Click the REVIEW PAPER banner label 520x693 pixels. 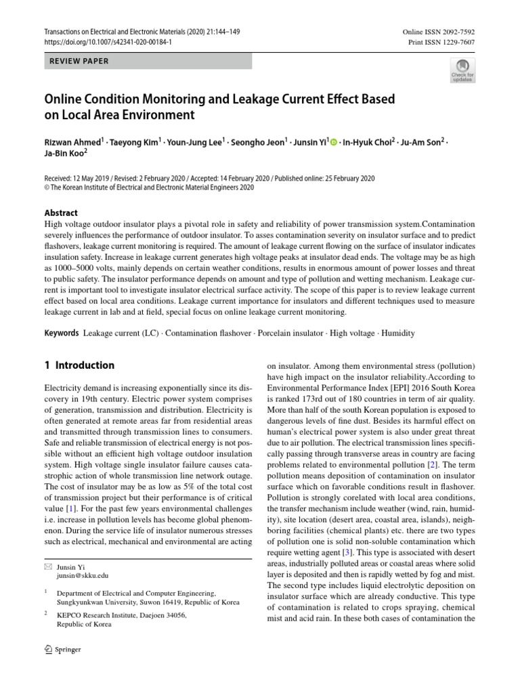79,61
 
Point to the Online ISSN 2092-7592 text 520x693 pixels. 439,31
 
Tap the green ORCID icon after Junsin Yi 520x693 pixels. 333,141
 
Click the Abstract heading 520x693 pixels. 61,212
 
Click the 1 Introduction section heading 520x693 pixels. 79,365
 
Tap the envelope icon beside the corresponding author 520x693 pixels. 48,565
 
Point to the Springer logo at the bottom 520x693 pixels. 62,649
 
